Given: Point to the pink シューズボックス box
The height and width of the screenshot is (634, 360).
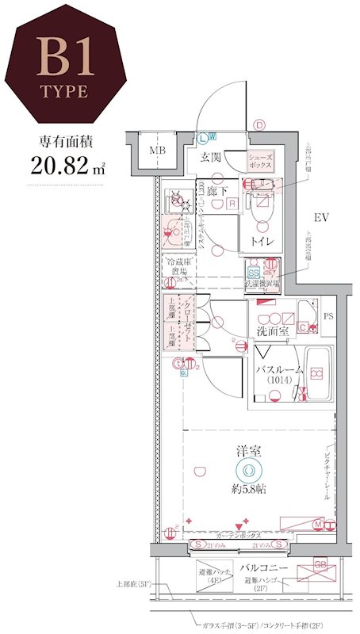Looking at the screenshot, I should click(x=260, y=162).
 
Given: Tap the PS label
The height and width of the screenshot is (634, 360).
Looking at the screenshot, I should click(x=329, y=315).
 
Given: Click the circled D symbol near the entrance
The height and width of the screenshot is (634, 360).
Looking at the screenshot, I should click(x=259, y=124).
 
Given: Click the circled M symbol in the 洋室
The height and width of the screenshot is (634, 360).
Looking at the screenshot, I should click(x=318, y=523).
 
